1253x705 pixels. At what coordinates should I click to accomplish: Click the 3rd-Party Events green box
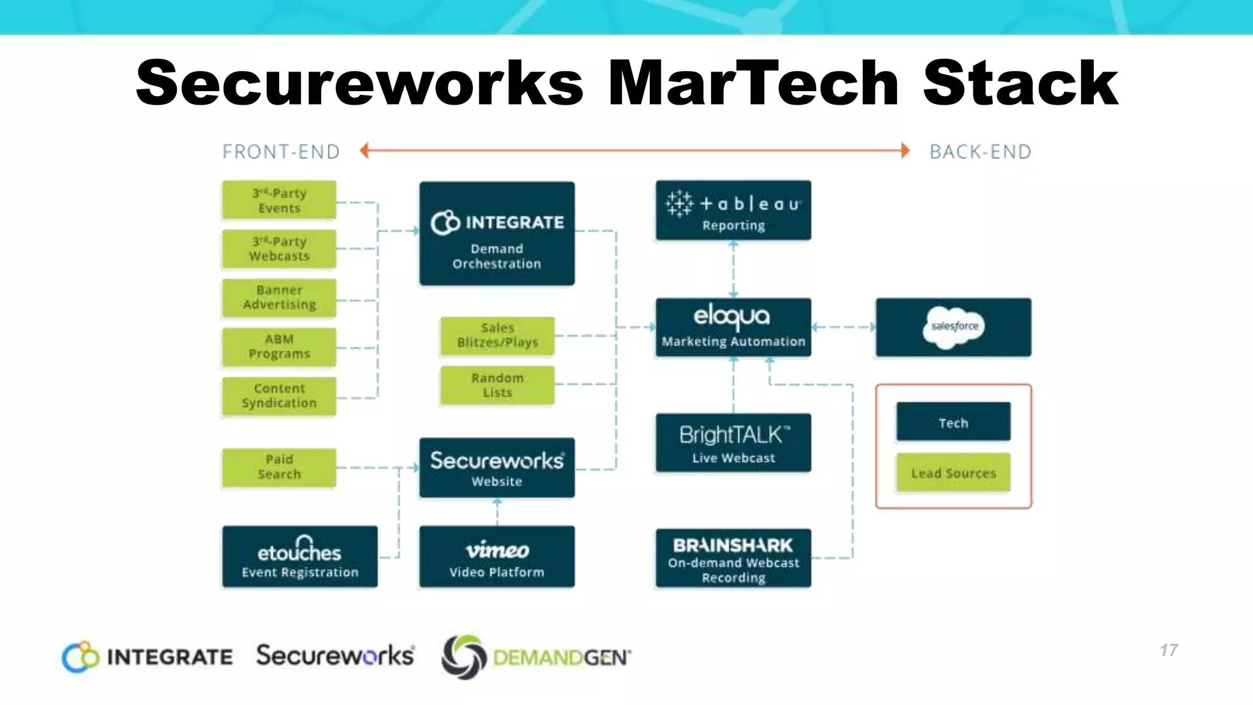(x=279, y=200)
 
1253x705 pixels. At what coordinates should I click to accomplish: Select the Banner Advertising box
(x=279, y=298)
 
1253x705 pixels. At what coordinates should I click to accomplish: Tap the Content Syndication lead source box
(x=279, y=396)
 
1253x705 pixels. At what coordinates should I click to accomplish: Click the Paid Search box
(x=279, y=467)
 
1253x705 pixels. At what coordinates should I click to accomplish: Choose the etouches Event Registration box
(x=300, y=557)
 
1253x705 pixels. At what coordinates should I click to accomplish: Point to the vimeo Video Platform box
(x=497, y=557)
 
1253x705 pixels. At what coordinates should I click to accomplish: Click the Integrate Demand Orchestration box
(x=497, y=234)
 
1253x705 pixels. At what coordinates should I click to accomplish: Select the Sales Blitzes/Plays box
(x=497, y=335)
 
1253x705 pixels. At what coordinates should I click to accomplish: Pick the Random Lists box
(x=497, y=385)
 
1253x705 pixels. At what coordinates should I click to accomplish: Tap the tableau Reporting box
(x=733, y=211)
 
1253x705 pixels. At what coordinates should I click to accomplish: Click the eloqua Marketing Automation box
(x=733, y=327)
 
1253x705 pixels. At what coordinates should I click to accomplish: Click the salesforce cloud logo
(x=954, y=327)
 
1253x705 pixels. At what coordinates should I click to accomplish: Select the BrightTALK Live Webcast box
(x=733, y=443)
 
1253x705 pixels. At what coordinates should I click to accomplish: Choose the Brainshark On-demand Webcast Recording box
(x=733, y=558)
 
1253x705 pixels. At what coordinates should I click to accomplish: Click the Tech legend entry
(x=953, y=422)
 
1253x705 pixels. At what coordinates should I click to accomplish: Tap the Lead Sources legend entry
(x=953, y=472)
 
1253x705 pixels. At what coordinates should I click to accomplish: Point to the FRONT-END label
(x=281, y=152)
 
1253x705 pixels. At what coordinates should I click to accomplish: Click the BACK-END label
(x=980, y=152)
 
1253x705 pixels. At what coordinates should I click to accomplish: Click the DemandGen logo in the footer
(x=536, y=657)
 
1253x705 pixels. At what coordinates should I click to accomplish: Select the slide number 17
(x=1169, y=650)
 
